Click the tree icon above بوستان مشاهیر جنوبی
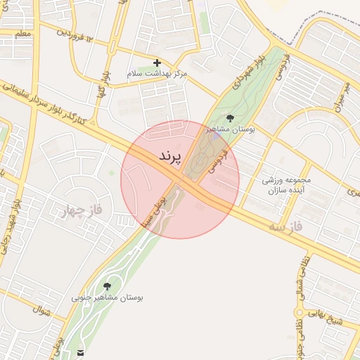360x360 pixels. tap(107, 286)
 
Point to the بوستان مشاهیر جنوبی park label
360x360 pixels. tap(107, 298)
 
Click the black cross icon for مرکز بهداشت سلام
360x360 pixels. tap(157, 63)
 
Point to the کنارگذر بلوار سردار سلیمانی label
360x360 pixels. tap(46, 102)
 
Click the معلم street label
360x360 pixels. tap(22, 34)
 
